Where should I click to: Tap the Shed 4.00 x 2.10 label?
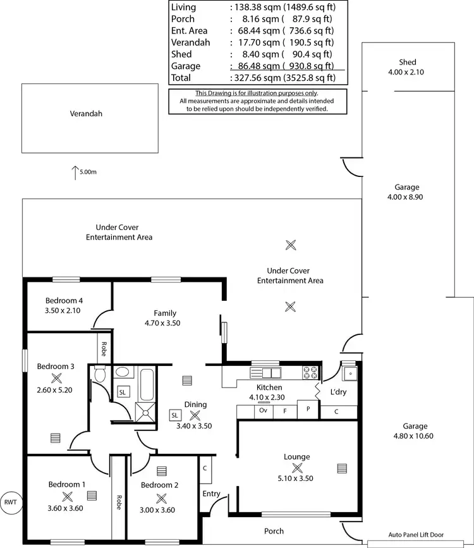(x=407, y=66)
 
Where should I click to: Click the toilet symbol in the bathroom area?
(x=99, y=375)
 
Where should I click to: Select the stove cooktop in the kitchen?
(x=310, y=372)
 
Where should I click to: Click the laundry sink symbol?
(x=348, y=374)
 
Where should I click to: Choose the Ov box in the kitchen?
(x=264, y=411)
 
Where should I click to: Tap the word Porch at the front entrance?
(x=274, y=531)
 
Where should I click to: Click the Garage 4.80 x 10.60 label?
(x=415, y=430)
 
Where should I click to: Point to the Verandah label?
(x=86, y=114)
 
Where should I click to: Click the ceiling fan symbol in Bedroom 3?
(x=56, y=378)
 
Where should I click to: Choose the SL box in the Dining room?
(x=174, y=415)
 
